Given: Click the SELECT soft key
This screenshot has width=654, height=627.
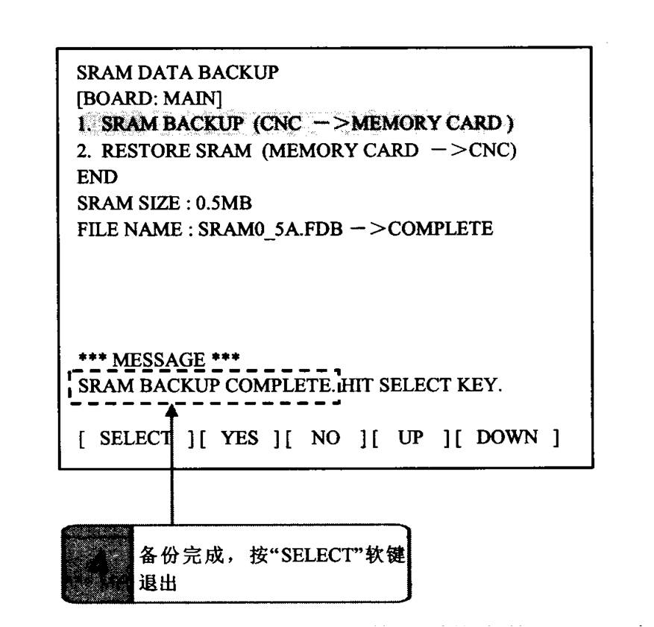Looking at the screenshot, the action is pyautogui.click(x=136, y=438).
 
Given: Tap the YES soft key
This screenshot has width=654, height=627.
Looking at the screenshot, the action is pyautogui.click(x=240, y=438).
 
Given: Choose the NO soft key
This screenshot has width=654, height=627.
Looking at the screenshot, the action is pyautogui.click(x=325, y=438).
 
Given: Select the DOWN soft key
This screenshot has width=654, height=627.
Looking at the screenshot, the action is pyautogui.click(x=507, y=438).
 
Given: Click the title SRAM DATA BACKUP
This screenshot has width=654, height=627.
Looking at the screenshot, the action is pyautogui.click(x=177, y=72).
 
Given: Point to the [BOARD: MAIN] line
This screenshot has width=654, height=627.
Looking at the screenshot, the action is pyautogui.click(x=149, y=99).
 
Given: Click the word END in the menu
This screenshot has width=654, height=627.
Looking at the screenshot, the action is pyautogui.click(x=97, y=177).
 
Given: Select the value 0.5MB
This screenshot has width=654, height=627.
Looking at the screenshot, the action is pyautogui.click(x=224, y=204).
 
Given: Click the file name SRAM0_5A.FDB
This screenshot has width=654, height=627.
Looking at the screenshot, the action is pyautogui.click(x=270, y=230).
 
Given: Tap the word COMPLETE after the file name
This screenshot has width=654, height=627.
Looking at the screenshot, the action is pyautogui.click(x=441, y=229).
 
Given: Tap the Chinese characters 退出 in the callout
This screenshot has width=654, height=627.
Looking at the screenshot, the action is pyautogui.click(x=157, y=582).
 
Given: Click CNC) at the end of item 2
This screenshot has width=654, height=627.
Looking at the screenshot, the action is pyautogui.click(x=493, y=151).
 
